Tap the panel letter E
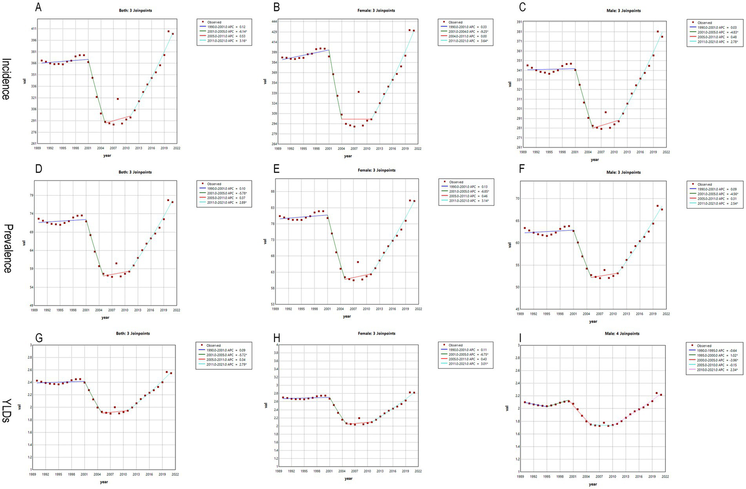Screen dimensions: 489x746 (x=277, y=168)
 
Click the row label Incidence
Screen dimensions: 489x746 (x=6, y=79)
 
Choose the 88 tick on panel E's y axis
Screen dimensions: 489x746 (x=272, y=191)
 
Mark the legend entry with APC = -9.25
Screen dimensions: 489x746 (x=466, y=32)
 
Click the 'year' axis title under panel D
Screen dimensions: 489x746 (x=105, y=317)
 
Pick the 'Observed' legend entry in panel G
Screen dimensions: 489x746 (x=213, y=345)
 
